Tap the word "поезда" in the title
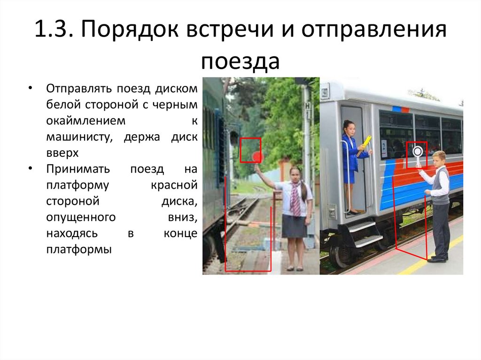click(240, 61)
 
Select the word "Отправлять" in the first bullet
click(75, 89)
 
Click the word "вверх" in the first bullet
click(62, 153)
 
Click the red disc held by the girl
click(256, 157)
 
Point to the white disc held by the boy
click(417, 151)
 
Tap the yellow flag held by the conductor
click(365, 144)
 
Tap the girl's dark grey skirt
click(295, 226)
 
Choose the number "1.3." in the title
click(52, 31)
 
